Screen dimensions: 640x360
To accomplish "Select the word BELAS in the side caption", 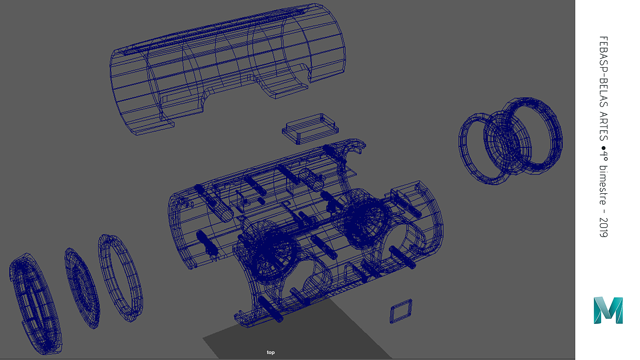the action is click(603, 90).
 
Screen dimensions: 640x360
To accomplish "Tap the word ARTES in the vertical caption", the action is click(603, 126).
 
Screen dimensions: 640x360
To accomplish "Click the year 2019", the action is click(603, 228).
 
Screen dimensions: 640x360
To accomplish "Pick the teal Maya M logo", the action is click(608, 310).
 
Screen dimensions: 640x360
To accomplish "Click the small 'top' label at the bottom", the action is click(271, 352).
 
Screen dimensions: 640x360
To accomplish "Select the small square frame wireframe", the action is click(401, 311).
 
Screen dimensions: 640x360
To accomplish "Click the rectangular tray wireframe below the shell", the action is click(310, 129).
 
